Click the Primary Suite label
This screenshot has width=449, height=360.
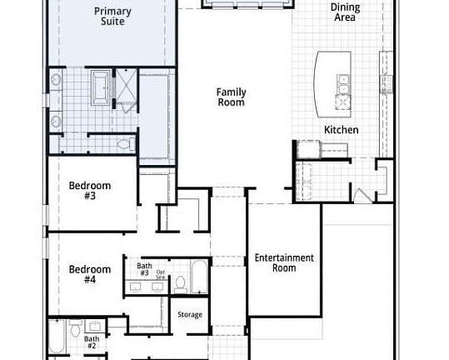point(112,16)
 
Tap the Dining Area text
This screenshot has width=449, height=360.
point(346,12)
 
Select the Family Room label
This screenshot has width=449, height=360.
point(231,97)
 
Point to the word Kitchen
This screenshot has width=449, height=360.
point(342,130)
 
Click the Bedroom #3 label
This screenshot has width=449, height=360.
point(90,191)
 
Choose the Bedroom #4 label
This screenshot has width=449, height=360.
point(90,274)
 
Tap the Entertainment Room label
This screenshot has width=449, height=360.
point(284,263)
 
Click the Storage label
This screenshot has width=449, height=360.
point(190,314)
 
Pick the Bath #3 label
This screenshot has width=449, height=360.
point(143,269)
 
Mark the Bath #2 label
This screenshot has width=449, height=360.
point(92,342)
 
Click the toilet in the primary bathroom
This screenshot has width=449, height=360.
point(126,144)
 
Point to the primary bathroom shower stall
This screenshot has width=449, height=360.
point(127,88)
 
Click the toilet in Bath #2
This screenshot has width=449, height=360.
point(75,327)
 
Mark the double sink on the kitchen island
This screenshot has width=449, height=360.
point(343,84)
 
